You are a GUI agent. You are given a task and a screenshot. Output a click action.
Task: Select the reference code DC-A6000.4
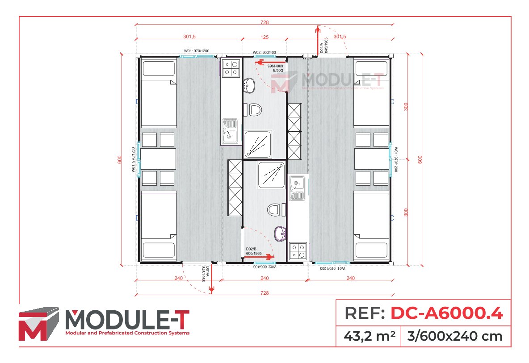tap(447, 313)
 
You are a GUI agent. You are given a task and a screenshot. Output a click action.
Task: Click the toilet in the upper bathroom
tap(255, 109)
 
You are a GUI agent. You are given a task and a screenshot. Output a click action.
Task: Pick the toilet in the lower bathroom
tap(274, 209)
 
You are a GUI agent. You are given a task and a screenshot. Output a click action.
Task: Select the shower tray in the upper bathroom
tap(258, 144)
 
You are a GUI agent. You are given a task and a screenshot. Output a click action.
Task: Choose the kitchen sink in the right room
tap(297, 188)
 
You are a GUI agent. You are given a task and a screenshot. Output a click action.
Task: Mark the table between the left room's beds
tap(158, 159)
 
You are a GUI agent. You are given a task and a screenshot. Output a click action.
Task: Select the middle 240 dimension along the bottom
tap(264, 278)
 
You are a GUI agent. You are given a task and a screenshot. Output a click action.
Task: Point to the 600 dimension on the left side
tap(119, 159)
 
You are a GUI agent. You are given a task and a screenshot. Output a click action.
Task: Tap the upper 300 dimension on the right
tap(406, 107)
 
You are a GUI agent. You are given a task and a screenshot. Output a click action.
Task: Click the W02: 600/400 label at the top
tap(264, 52)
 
